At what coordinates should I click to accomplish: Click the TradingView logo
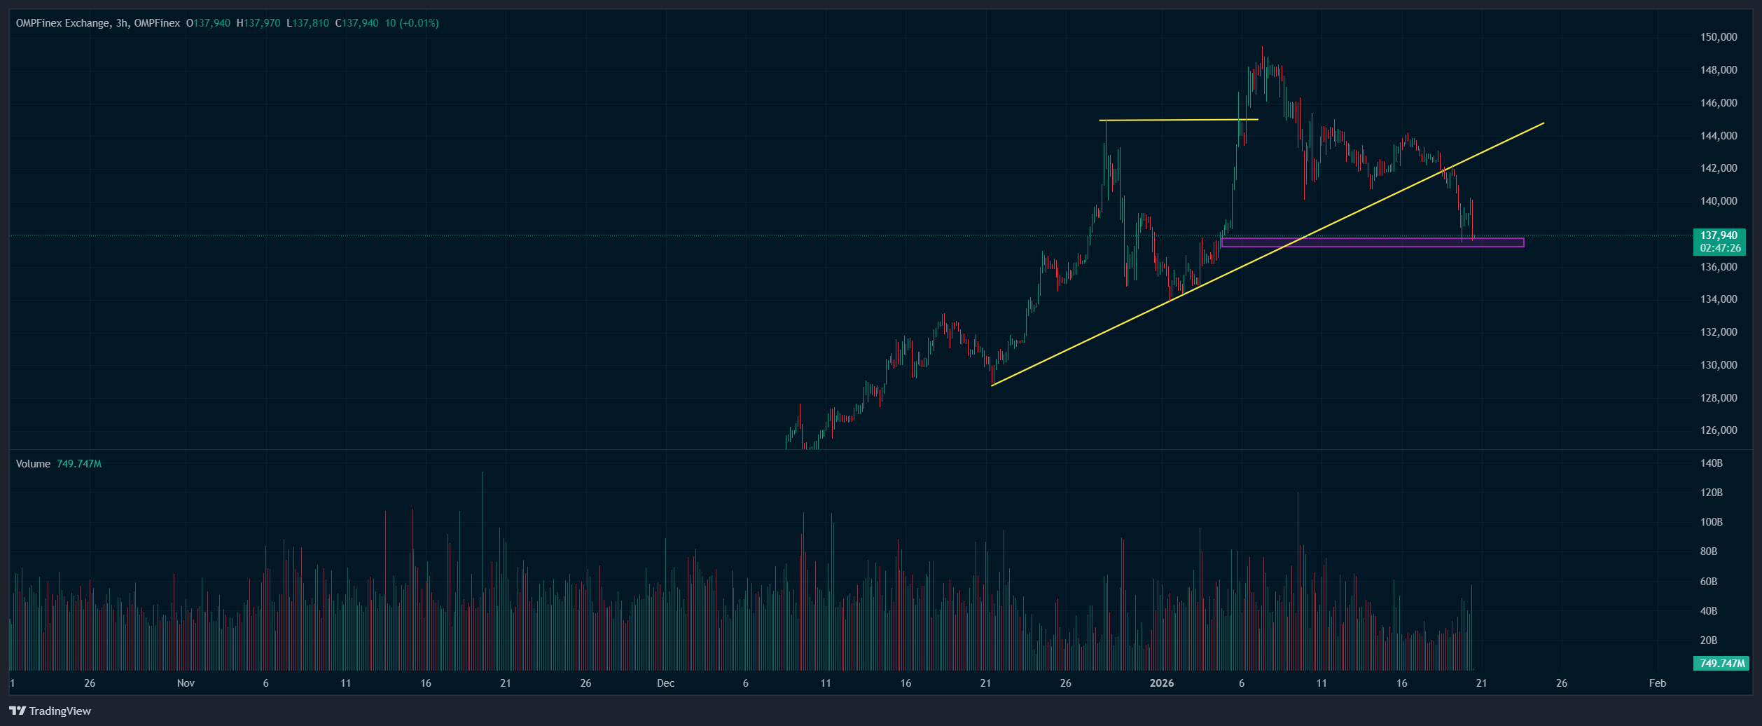(50, 711)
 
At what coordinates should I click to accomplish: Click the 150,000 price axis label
(1719, 37)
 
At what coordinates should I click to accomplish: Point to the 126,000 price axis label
(1719, 430)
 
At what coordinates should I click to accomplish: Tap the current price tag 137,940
(1719, 235)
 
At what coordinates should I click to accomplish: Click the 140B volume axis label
(1711, 463)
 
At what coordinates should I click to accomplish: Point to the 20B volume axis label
(1709, 641)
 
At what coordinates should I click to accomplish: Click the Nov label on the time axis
(186, 683)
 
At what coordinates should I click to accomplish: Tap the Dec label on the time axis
(666, 683)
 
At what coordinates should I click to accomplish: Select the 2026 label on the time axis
(1162, 683)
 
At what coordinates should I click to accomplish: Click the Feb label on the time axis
(1658, 683)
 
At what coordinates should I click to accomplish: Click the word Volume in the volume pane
(33, 464)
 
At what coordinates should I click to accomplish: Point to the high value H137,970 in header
(258, 23)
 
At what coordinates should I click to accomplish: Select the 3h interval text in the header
(122, 23)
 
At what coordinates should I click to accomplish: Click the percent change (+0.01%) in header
(419, 23)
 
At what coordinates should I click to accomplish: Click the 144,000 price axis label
(1719, 136)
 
